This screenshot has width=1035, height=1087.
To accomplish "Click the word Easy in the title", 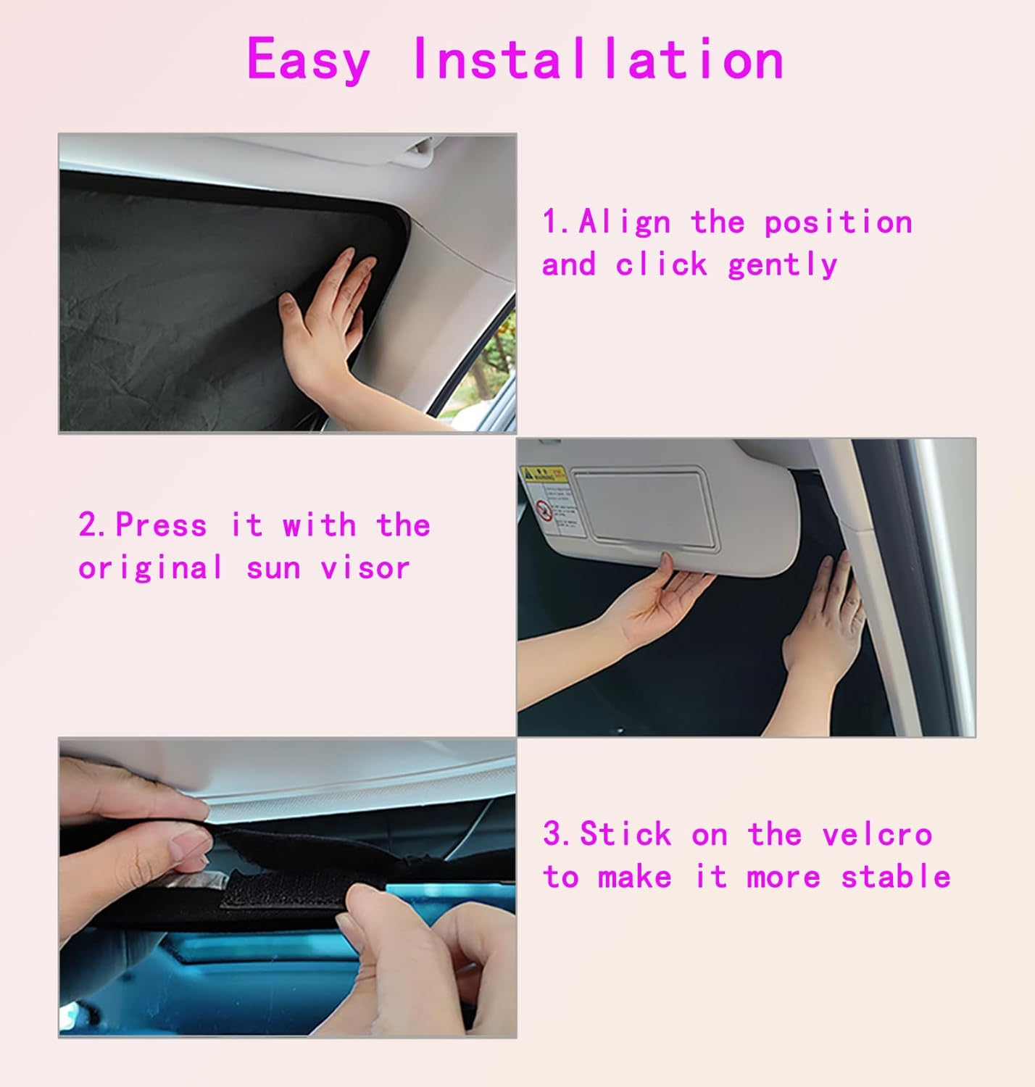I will [x=308, y=60].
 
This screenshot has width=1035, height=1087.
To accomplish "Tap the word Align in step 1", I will [x=624, y=222].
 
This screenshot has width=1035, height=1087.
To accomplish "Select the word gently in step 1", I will [x=782, y=265].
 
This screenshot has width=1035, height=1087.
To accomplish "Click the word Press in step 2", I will [x=161, y=525].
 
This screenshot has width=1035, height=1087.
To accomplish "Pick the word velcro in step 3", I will [x=877, y=835].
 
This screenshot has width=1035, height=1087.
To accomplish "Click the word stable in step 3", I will [x=895, y=878].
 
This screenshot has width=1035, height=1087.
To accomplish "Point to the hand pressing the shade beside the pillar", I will [x=826, y=623].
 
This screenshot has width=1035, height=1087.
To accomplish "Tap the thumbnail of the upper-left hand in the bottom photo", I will [x=190, y=843].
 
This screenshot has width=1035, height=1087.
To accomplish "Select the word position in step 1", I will [x=838, y=222].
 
